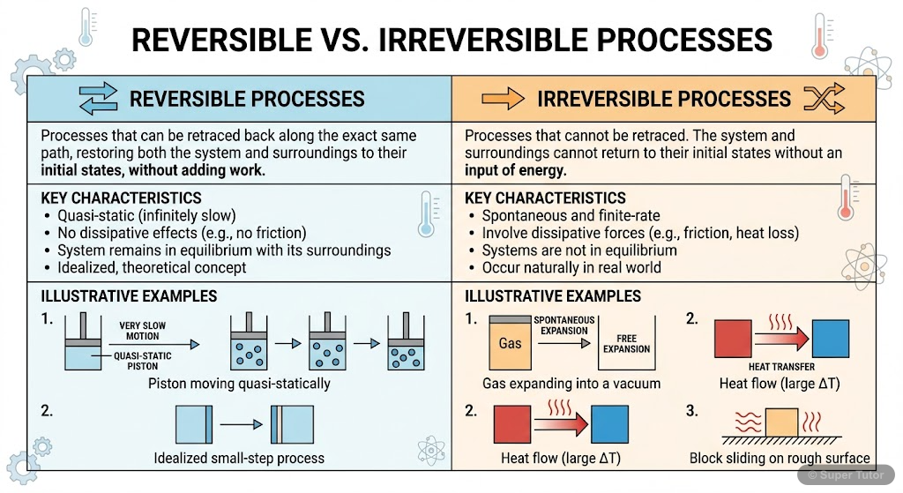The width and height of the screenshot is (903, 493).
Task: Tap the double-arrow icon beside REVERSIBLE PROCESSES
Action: [x=98, y=98]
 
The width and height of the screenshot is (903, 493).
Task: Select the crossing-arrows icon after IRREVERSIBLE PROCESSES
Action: [x=830, y=98]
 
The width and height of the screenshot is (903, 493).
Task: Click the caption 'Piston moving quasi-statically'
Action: [x=239, y=384]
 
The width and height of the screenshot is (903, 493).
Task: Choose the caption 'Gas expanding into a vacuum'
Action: [x=571, y=384]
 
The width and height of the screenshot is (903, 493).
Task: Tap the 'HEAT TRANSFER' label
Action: [x=780, y=366]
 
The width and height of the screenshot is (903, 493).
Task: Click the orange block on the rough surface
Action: [x=780, y=422]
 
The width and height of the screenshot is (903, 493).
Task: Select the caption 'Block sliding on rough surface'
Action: [x=780, y=459]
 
